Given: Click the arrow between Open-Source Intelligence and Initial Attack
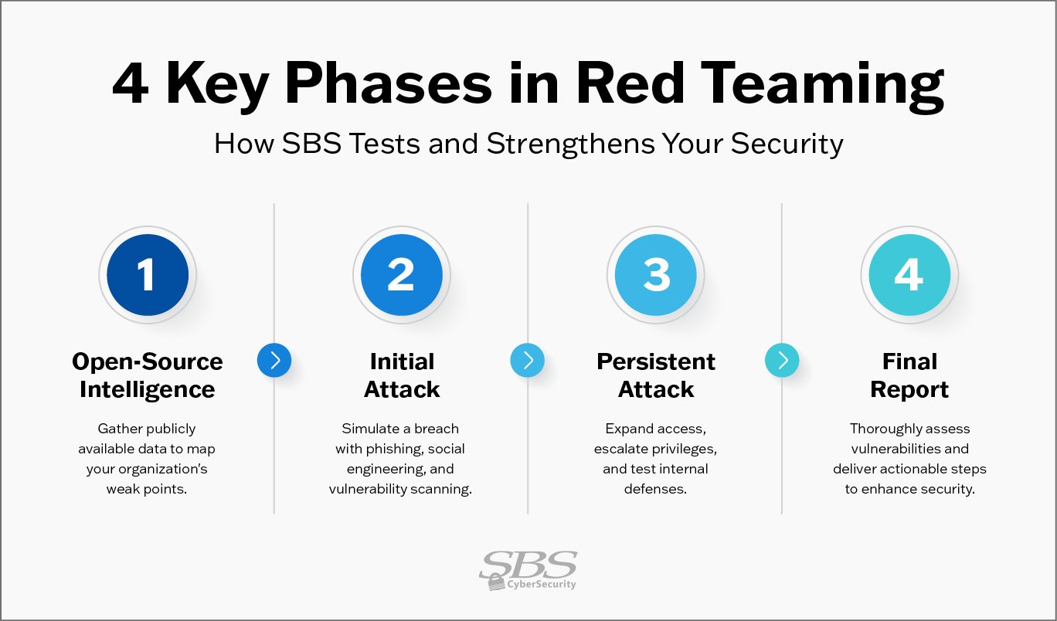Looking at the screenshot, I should (x=274, y=360).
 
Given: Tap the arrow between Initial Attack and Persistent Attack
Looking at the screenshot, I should (x=528, y=360).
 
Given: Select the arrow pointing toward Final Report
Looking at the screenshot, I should (x=782, y=360).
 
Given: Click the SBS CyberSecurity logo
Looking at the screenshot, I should (x=528, y=570).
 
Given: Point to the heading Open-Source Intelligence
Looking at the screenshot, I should (x=148, y=375).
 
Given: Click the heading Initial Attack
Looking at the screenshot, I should (x=402, y=375).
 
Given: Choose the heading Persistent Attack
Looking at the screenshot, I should (x=656, y=375).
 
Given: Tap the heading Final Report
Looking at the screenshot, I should (x=909, y=375).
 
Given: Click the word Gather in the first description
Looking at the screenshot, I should (x=115, y=429).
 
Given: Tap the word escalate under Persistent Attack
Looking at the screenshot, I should (x=621, y=449).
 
